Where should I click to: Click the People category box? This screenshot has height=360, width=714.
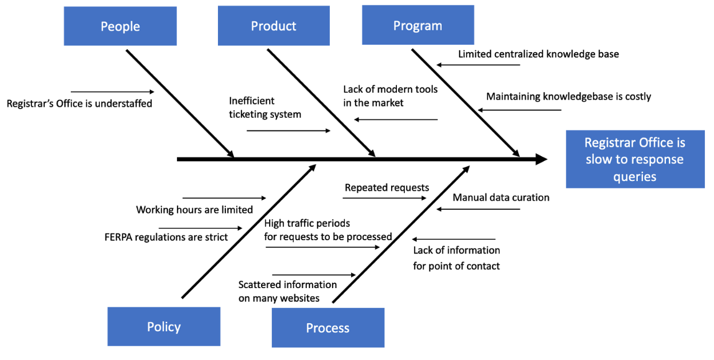pyautogui.click(x=120, y=26)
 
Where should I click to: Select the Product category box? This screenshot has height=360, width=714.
pyautogui.click(x=274, y=26)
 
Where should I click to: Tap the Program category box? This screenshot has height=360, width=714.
pyautogui.click(x=418, y=26)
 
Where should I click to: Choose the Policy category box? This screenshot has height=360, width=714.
pyautogui.click(x=164, y=326)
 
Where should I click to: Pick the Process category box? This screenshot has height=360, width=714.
pyautogui.click(x=328, y=328)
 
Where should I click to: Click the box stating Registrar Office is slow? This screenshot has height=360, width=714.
pyautogui.click(x=635, y=159)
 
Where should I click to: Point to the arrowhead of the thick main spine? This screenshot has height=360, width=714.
pyautogui.click(x=541, y=159)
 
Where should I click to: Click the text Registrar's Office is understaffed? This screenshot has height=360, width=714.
pyautogui.click(x=79, y=104)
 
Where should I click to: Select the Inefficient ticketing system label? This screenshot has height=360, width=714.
pyautogui.click(x=265, y=108)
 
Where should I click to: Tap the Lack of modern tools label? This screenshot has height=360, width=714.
pyautogui.click(x=390, y=96)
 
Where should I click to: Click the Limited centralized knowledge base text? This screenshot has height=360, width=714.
pyautogui.click(x=538, y=54)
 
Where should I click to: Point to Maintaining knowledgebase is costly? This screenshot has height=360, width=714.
pyautogui.click(x=569, y=96)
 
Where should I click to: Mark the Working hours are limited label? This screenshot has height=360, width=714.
pyautogui.click(x=194, y=210)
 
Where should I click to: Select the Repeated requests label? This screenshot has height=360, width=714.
pyautogui.click(x=387, y=187)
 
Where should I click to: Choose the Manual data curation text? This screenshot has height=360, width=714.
pyautogui.click(x=501, y=198)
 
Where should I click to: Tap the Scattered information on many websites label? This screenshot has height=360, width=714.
pyautogui.click(x=287, y=291)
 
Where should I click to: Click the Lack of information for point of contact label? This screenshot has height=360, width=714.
pyautogui.click(x=457, y=258)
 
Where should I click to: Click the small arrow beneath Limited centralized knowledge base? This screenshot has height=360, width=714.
pyautogui.click(x=478, y=65)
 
